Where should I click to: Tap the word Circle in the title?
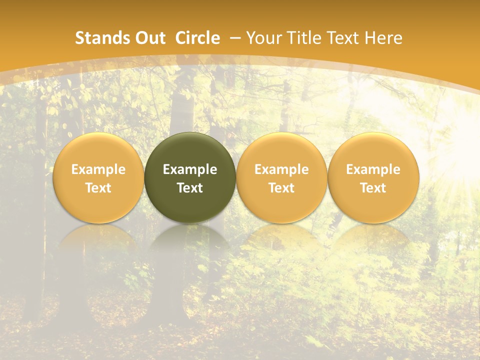[x=197, y=38]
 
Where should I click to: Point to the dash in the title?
[x=235, y=38]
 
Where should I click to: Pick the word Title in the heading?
[x=303, y=38]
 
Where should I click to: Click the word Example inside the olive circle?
[x=190, y=169]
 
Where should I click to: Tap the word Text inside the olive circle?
[x=190, y=188]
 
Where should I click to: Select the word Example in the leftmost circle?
[x=98, y=169]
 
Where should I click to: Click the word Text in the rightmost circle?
[x=373, y=188]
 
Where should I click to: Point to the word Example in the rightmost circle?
[x=373, y=169]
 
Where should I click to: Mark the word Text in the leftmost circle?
[x=98, y=188]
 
